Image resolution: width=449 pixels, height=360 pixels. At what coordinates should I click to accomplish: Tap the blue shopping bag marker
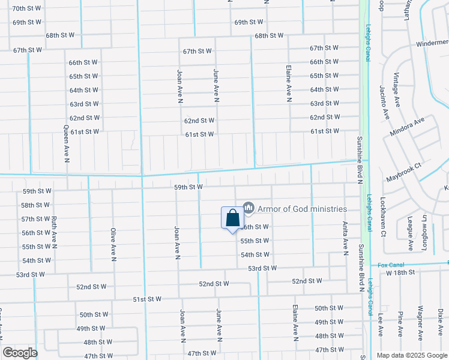(x=232, y=218)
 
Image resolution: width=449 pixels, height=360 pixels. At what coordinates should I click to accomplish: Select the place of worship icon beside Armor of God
(x=249, y=208)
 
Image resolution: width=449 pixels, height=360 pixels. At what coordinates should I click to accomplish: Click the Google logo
(x=20, y=353)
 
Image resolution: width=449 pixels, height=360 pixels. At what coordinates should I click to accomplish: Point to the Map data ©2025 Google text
(x=411, y=355)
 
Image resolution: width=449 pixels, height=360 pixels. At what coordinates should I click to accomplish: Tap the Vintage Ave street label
(x=396, y=88)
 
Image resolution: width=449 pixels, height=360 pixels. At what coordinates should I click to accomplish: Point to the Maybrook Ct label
(x=404, y=173)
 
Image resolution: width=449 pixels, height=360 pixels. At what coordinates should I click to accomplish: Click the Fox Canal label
(x=390, y=265)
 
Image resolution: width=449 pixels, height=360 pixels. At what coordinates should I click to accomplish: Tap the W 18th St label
(x=401, y=273)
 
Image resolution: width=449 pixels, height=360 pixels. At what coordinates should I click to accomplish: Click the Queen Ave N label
(x=67, y=144)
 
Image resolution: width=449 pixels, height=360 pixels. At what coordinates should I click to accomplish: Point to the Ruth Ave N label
(x=54, y=232)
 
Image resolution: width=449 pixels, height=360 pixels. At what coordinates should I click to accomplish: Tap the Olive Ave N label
(x=112, y=244)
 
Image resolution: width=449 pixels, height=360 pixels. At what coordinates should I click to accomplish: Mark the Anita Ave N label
(x=345, y=238)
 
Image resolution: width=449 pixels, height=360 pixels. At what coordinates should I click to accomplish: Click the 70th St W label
(x=27, y=8)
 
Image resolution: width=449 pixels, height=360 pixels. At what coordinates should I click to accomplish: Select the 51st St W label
(x=147, y=299)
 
